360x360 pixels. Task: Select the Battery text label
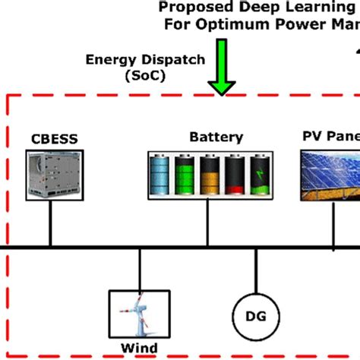pyautogui.click(x=216, y=137)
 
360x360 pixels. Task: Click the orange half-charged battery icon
pyautogui.click(x=210, y=175)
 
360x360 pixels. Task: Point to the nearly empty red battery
pyautogui.click(x=235, y=175)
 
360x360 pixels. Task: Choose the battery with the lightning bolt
pyautogui.click(x=260, y=175)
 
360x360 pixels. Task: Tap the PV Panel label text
pyautogui.click(x=330, y=137)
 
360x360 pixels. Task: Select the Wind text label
pyautogui.click(x=140, y=349)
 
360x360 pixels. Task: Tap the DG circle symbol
pyautogui.click(x=255, y=313)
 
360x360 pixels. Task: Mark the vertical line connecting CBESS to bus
pyautogui.click(x=50, y=223)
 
